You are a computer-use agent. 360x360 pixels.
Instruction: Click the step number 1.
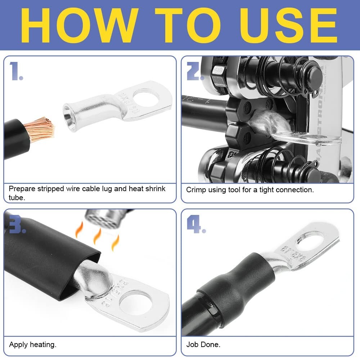tap(17, 71)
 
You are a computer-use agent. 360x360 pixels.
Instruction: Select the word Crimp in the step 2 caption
tap(196, 190)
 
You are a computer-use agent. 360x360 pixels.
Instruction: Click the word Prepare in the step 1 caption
tap(22, 189)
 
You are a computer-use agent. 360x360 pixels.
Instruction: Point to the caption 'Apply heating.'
tap(32, 345)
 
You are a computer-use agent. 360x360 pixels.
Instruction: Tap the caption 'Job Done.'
tap(203, 345)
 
